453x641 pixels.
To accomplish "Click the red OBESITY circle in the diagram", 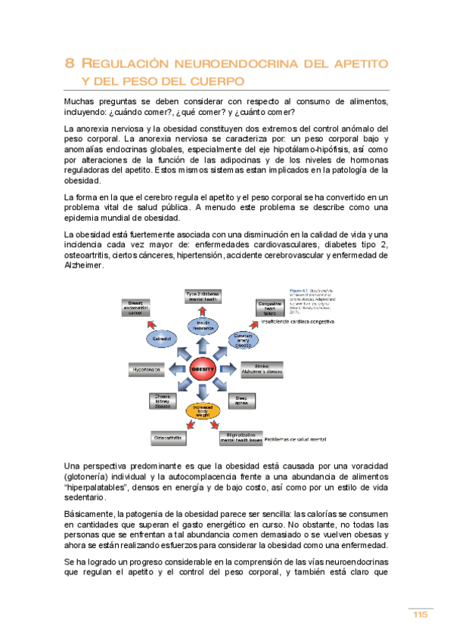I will tap(203, 369).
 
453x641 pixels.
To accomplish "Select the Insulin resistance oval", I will tap(203, 324).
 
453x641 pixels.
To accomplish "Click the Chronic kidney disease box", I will tap(163, 401).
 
